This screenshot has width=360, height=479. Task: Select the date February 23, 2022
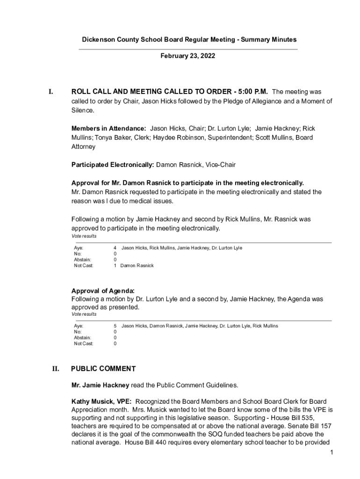(x=187, y=56)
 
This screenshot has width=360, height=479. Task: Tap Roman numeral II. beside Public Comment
(x=56, y=369)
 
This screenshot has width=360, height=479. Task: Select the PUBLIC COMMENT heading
(x=103, y=369)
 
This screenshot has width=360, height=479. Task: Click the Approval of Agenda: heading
(x=103, y=290)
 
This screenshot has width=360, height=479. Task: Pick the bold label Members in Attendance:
(x=108, y=128)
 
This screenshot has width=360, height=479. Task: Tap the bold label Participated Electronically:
(x=113, y=165)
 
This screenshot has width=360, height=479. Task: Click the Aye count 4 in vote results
(x=115, y=248)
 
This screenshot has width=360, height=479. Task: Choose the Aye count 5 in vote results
(x=115, y=326)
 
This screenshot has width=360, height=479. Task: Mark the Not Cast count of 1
(x=115, y=266)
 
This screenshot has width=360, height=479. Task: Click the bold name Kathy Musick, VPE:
(x=101, y=402)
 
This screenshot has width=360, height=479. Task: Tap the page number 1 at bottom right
(x=331, y=453)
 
